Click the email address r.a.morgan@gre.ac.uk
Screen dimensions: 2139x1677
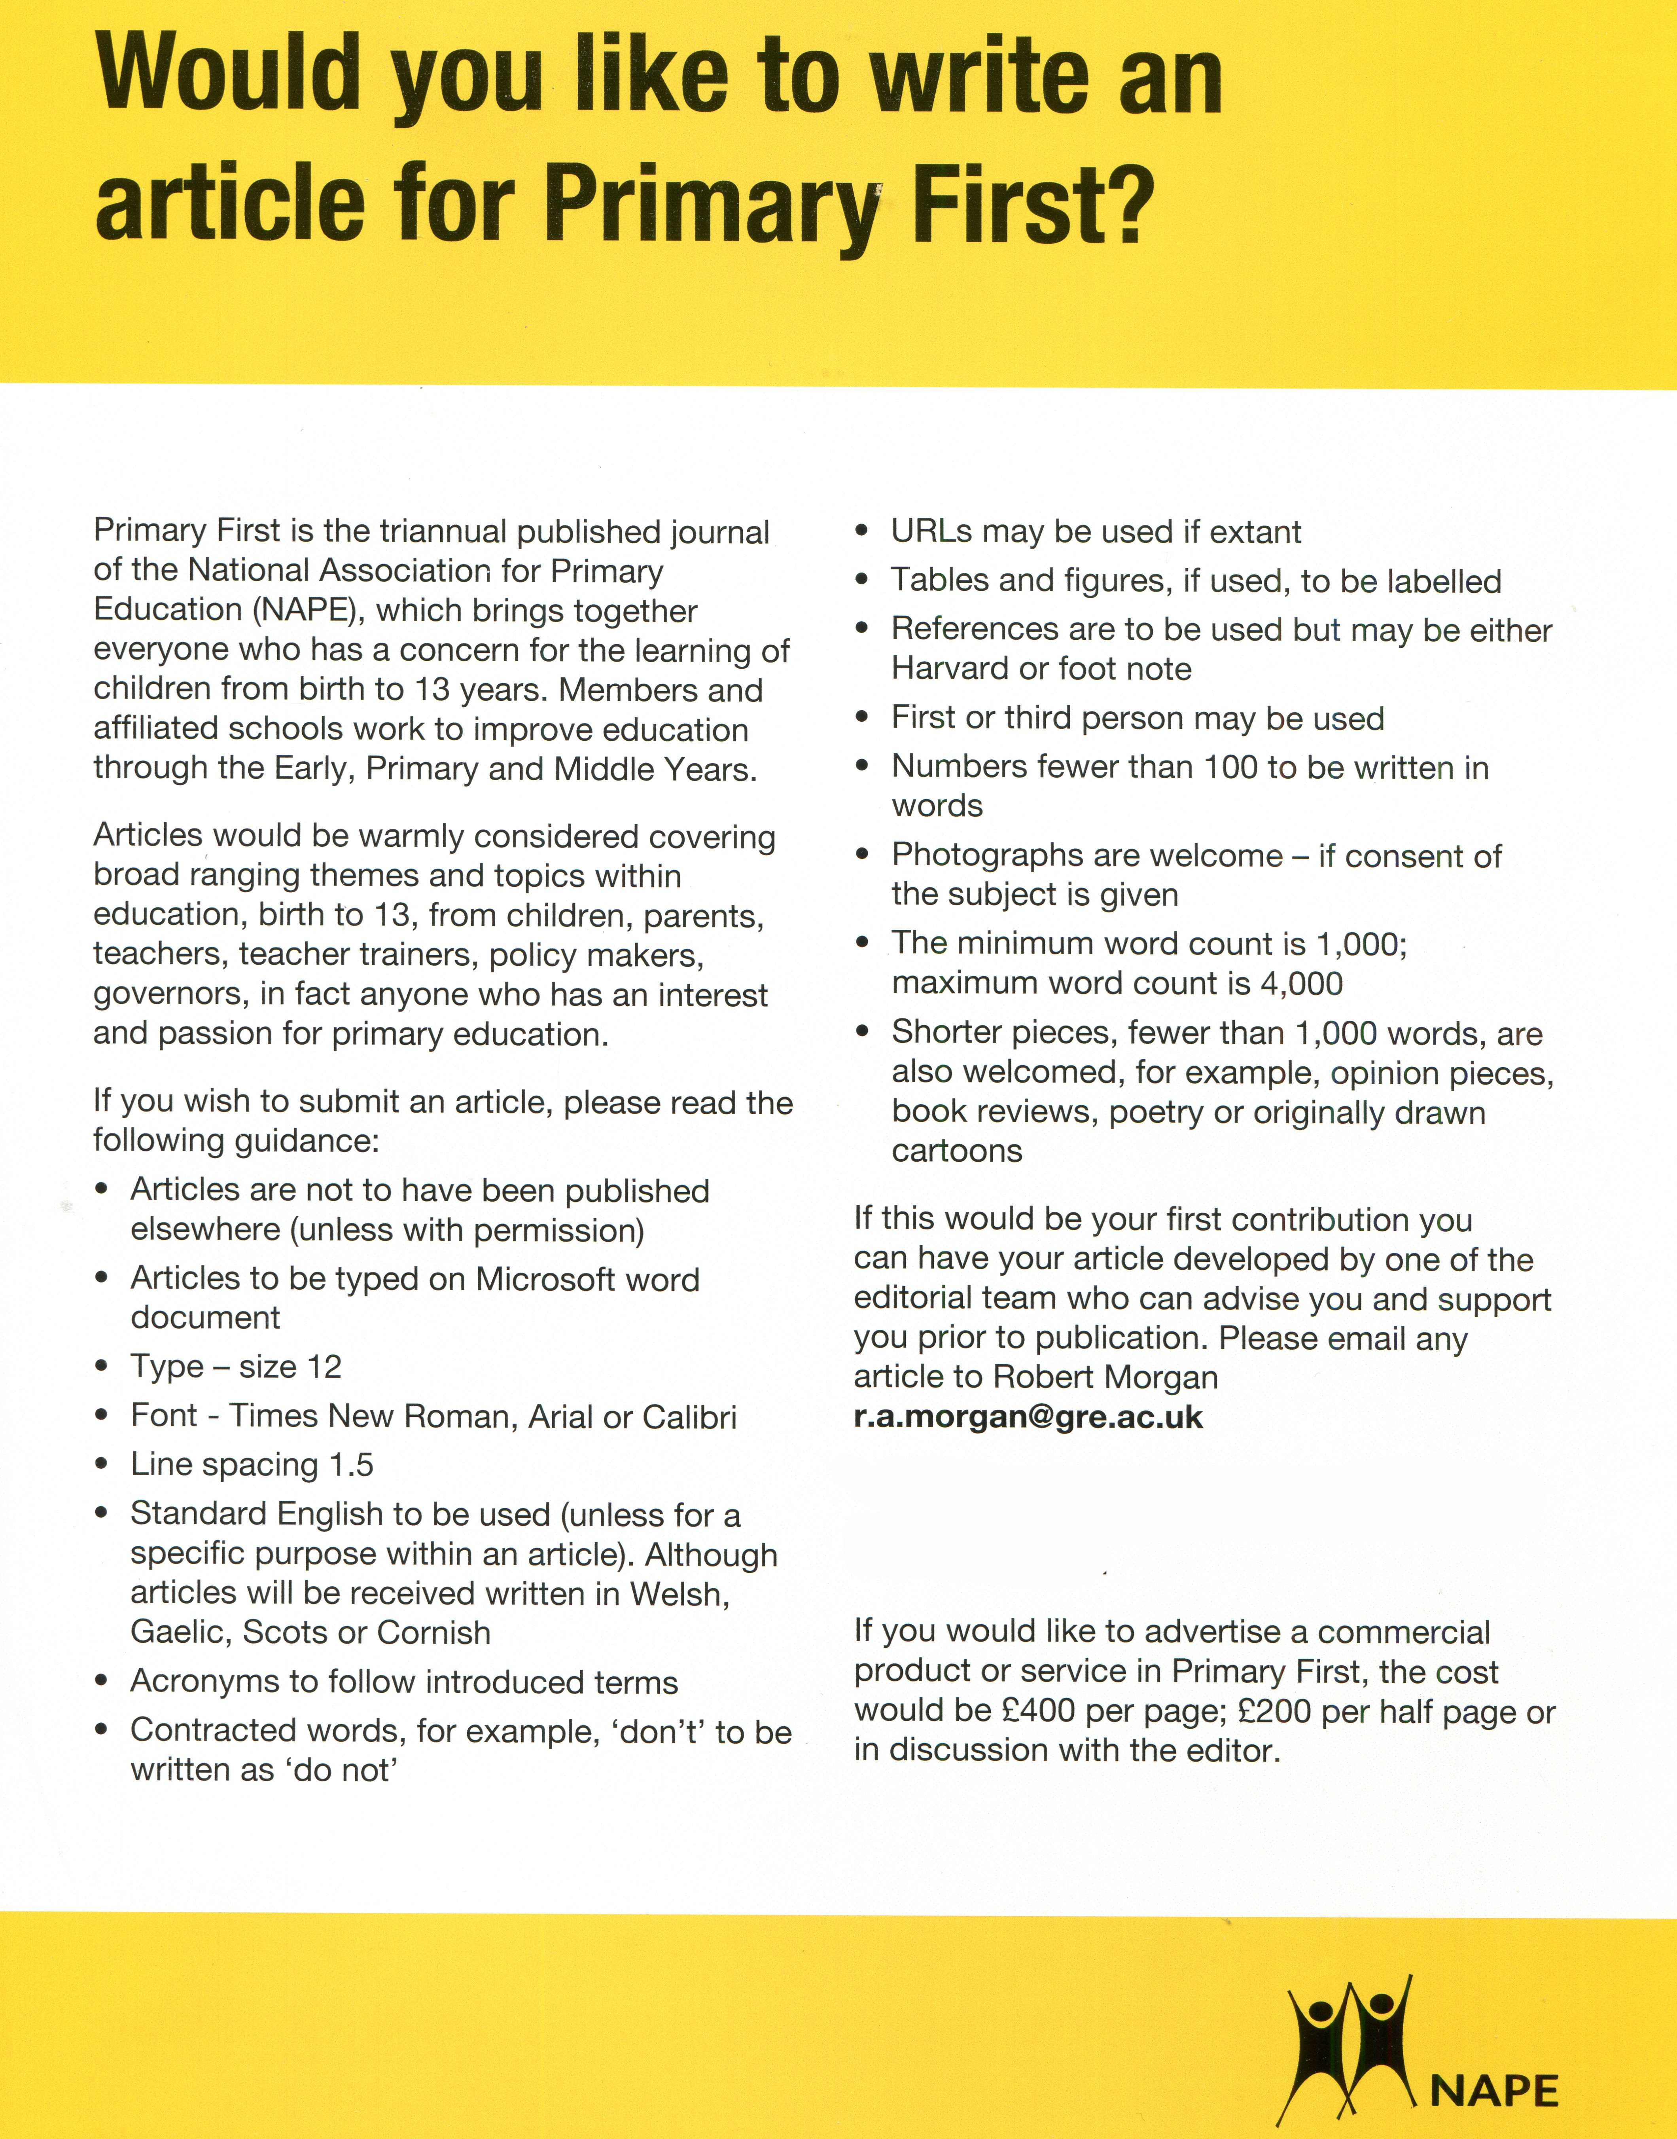1028,1417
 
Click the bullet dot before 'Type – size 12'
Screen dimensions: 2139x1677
102,1367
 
